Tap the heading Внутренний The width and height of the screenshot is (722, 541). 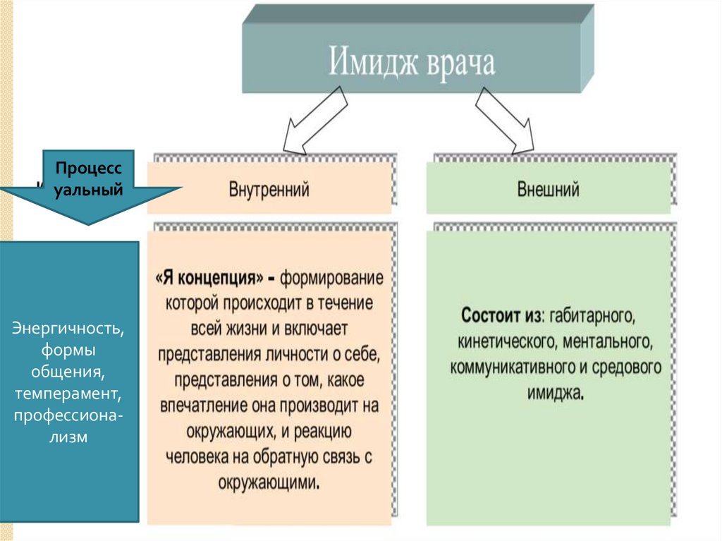[x=269, y=190]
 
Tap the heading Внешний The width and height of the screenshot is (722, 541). [x=548, y=190]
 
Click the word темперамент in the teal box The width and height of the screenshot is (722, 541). [x=68, y=391]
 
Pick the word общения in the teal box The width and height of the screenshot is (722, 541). [x=68, y=370]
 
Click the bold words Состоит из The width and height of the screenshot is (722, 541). [x=501, y=315]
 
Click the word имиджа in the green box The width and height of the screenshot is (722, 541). [x=555, y=394]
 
